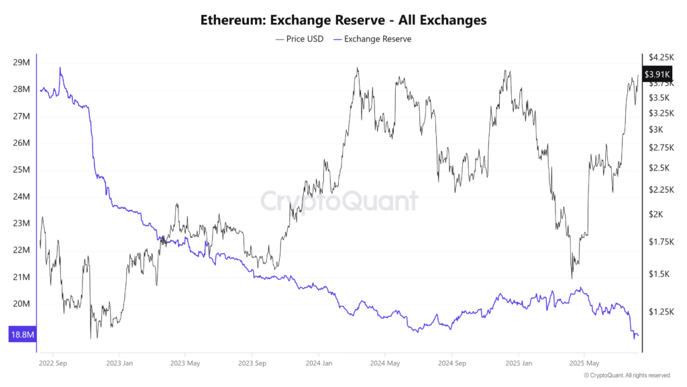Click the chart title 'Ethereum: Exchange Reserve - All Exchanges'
(x=343, y=20)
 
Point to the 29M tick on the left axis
(x=21, y=62)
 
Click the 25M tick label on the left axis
(x=21, y=170)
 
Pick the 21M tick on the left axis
(x=21, y=277)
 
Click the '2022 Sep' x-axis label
(x=54, y=363)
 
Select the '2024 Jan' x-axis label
(x=319, y=363)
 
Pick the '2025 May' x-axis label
(x=584, y=363)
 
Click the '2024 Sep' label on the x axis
(x=452, y=363)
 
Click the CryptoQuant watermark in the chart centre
(x=339, y=201)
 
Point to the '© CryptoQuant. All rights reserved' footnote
(x=627, y=376)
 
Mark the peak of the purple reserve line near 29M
(x=60, y=68)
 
